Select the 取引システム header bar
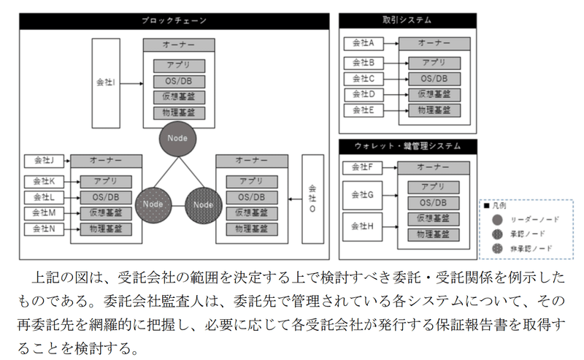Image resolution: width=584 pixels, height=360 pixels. pos(407,21)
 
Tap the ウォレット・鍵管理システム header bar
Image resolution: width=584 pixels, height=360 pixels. pos(407,147)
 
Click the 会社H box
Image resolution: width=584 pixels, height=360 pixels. pos(363,226)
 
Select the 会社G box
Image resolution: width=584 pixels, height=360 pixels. pos(363,195)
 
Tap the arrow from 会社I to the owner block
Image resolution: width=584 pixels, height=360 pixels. pos(131,83)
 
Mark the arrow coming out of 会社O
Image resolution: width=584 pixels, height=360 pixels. pos(293,198)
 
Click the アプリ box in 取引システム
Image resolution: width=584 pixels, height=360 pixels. pos(434,64)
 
